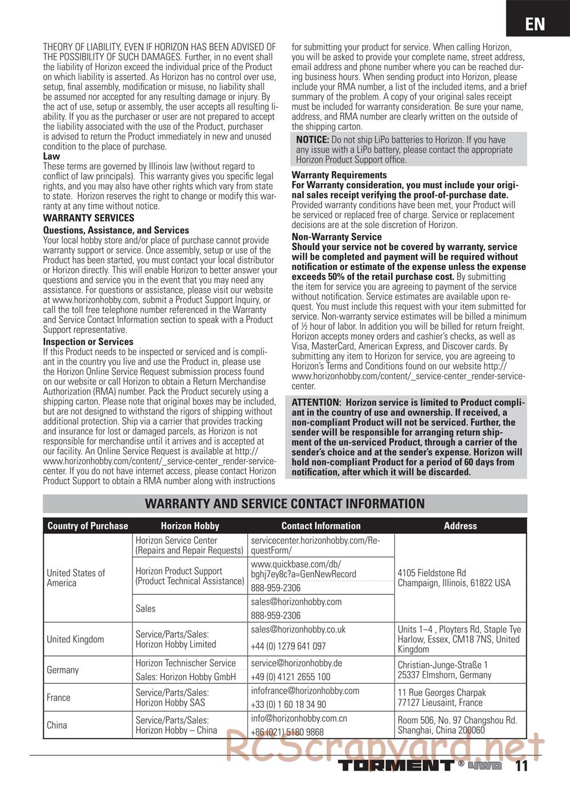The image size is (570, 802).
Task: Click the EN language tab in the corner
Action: click(x=535, y=23)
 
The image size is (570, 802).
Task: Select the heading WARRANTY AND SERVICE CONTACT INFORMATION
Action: click(x=285, y=504)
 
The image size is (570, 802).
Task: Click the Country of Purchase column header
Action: click(x=88, y=526)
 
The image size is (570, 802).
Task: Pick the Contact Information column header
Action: click(x=321, y=526)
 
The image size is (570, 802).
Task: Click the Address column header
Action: click(x=460, y=526)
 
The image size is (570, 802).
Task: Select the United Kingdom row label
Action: click(x=75, y=639)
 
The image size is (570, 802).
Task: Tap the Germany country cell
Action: click(x=63, y=670)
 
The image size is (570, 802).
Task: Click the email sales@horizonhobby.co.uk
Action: click(x=298, y=630)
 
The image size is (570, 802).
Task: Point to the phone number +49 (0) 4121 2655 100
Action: click(x=291, y=677)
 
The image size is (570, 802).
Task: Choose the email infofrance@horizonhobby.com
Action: click(x=305, y=691)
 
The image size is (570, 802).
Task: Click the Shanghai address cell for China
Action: click(x=457, y=725)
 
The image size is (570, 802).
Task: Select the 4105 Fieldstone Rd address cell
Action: click(x=454, y=578)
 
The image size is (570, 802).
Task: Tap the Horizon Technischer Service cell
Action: click(x=185, y=663)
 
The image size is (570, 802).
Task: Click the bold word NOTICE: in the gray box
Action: click(x=312, y=140)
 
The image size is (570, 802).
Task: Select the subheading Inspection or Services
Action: click(x=88, y=342)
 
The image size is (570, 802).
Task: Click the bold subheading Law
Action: click(x=51, y=156)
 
